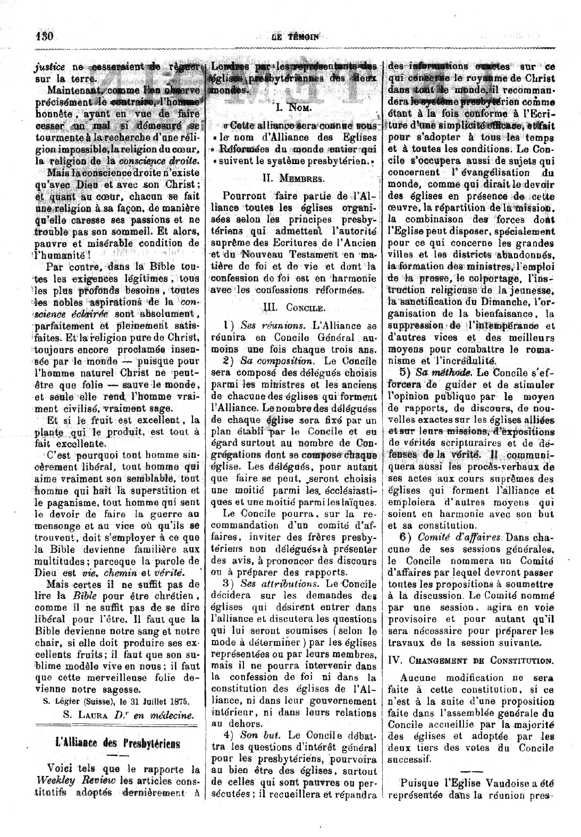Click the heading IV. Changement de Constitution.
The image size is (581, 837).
click(x=469, y=661)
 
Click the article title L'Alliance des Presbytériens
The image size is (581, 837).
click(x=117, y=742)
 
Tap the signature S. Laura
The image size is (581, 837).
click(x=81, y=715)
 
